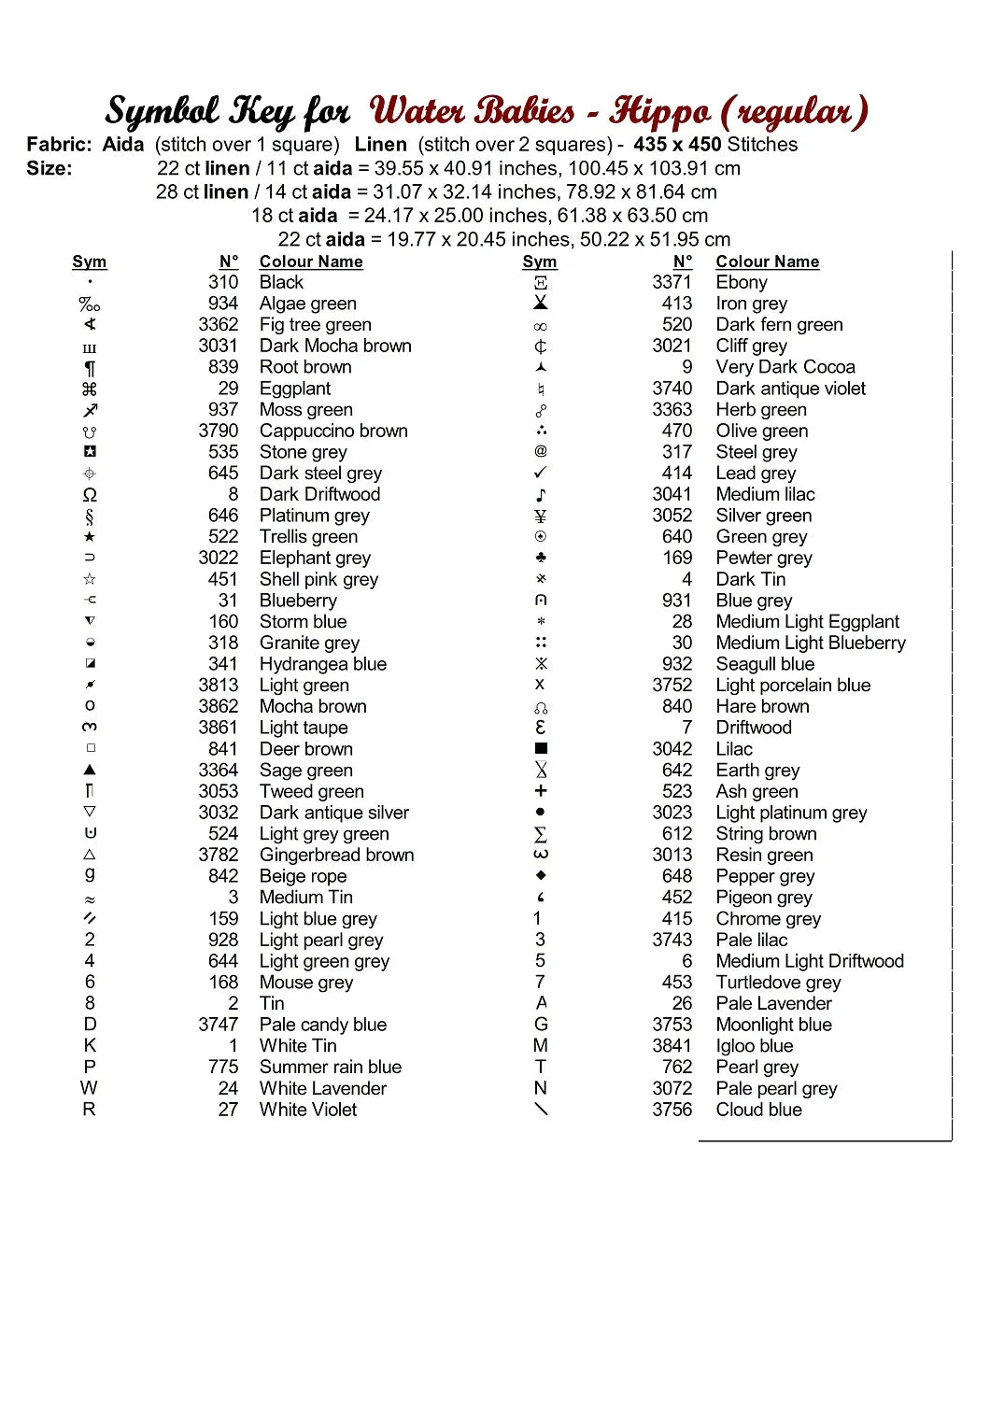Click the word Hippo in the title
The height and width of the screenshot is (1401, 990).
click(x=659, y=112)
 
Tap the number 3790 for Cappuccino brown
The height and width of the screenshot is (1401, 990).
click(x=219, y=431)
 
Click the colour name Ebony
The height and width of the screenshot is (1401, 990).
click(x=742, y=282)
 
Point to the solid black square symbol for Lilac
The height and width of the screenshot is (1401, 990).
click(x=541, y=748)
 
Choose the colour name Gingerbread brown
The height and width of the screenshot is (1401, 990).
click(x=336, y=855)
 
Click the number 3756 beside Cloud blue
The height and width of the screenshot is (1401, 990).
click(x=672, y=1110)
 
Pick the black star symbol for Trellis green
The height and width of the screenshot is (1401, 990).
click(x=90, y=537)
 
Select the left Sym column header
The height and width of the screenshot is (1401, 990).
click(x=90, y=262)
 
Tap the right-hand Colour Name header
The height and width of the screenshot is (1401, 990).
click(x=768, y=262)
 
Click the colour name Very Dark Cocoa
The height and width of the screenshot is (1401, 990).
click(x=785, y=367)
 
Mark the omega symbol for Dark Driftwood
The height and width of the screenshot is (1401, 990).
click(x=90, y=495)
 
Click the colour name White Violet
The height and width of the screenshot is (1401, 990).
click(x=308, y=1110)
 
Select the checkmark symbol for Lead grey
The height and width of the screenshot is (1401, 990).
click(x=541, y=473)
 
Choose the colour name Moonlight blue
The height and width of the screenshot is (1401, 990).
click(x=774, y=1025)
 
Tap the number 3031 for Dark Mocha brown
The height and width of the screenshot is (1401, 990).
click(x=219, y=346)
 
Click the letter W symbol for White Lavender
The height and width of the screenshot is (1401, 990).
click(x=89, y=1088)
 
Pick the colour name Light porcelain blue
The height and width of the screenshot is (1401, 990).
click(x=793, y=685)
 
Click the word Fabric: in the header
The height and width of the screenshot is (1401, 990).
click(x=59, y=145)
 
